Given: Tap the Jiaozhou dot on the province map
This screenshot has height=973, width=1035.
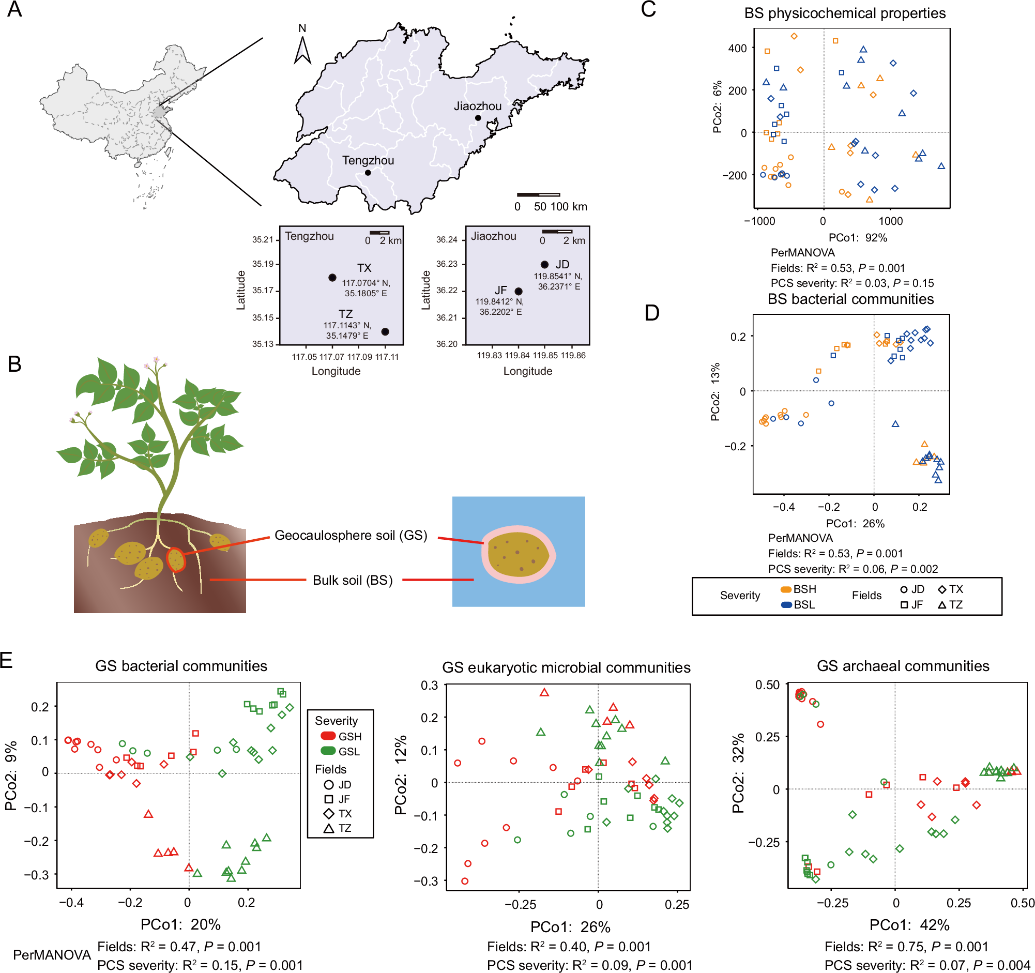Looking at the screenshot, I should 478,118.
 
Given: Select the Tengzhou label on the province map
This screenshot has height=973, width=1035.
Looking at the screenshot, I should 368,160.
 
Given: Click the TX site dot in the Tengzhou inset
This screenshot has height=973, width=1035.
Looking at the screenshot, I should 332,278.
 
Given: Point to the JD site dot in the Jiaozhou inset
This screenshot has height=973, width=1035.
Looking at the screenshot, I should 544,265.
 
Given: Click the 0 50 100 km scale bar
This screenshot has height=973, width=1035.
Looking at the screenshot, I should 538,195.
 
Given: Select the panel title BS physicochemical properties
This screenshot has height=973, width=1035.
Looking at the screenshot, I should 844,13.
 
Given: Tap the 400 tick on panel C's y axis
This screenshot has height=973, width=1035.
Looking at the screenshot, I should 737,49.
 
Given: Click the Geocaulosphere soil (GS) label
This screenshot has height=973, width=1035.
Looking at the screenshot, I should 351,535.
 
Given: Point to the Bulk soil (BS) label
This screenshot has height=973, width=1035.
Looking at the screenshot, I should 353,580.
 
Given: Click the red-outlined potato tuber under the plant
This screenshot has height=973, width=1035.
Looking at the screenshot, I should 176,560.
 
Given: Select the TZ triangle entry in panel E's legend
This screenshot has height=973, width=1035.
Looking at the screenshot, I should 338,828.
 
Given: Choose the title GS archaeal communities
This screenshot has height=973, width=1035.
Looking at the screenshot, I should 903,666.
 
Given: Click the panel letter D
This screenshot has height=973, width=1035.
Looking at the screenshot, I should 652,313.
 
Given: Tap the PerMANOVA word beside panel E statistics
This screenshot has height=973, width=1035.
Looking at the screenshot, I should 52,954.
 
